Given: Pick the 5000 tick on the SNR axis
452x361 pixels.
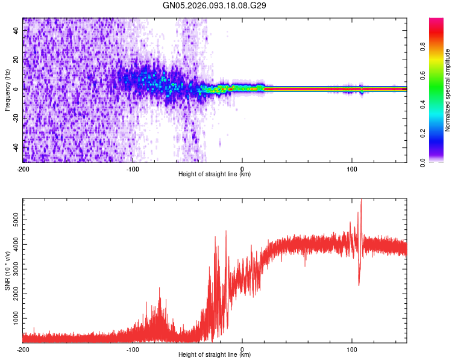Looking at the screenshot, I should [x=12, y=221].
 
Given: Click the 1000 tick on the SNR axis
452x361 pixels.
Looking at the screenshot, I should [x=12, y=316].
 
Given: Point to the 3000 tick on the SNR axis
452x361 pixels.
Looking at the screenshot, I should [x=12, y=269].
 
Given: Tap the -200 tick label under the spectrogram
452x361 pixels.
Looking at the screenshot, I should [x=23, y=168].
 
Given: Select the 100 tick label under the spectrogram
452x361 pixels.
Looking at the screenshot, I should [x=352, y=168].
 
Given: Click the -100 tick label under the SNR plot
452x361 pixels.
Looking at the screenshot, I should [x=133, y=349].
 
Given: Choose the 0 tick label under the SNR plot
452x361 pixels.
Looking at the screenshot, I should [x=242, y=349].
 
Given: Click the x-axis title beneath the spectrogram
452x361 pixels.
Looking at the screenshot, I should [x=215, y=174].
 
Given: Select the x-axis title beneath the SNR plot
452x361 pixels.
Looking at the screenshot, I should [x=215, y=355].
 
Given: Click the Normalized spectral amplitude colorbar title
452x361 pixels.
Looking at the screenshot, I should [x=448, y=90].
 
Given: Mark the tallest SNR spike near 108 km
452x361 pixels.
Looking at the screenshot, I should [x=361, y=202].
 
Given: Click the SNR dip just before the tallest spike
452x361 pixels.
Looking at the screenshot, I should [x=359, y=285].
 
